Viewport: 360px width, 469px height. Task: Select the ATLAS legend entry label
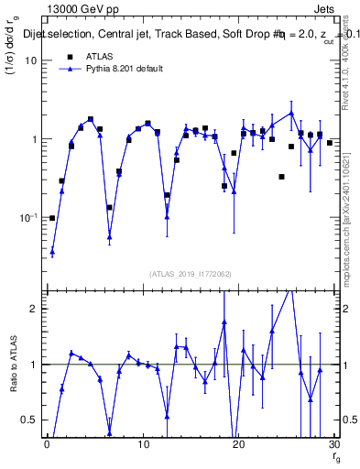[x=98, y=58]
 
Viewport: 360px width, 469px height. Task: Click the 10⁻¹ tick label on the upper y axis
[x=28, y=218]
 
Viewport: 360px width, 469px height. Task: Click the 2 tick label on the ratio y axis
[x=34, y=309]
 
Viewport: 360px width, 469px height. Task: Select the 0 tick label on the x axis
[x=47, y=444]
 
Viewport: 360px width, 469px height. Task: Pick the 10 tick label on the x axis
[x=143, y=444]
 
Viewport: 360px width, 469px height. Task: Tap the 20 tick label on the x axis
[x=239, y=444]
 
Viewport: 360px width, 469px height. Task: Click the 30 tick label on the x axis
[x=334, y=444]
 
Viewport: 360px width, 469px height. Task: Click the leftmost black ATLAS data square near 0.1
[x=52, y=218]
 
